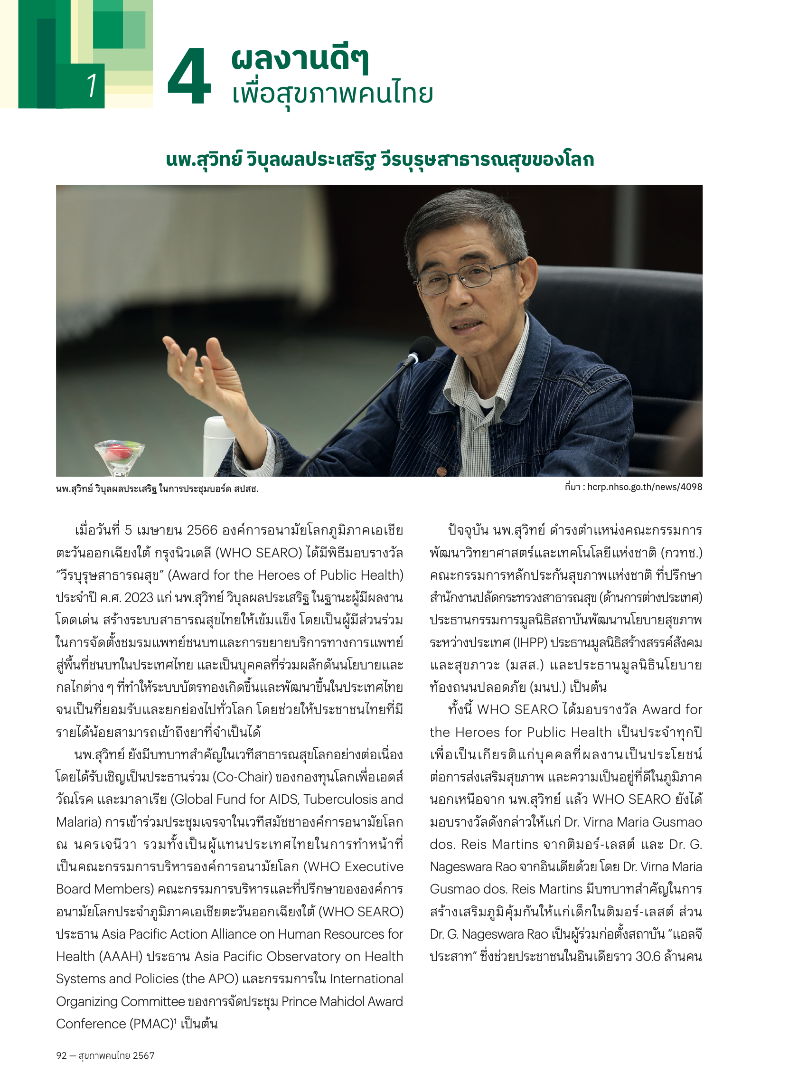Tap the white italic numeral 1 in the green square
pos(92,85)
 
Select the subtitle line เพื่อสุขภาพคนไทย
pos(332,94)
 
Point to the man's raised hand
pos(205,371)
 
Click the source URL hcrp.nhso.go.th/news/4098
pos(644,487)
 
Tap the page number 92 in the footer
pos(61,1055)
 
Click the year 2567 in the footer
pos(143,1055)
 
